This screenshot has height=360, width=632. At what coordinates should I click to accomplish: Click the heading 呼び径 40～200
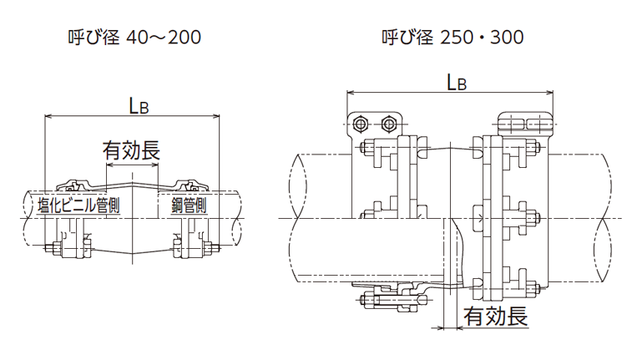134,38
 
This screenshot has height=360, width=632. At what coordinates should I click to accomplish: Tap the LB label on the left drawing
139,104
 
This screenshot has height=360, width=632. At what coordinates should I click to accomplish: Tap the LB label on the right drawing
456,81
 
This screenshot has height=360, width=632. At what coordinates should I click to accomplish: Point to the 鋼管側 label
189,205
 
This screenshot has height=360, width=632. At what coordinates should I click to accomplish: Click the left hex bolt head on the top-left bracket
360,124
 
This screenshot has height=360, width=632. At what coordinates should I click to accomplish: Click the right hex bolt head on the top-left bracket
388,124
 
